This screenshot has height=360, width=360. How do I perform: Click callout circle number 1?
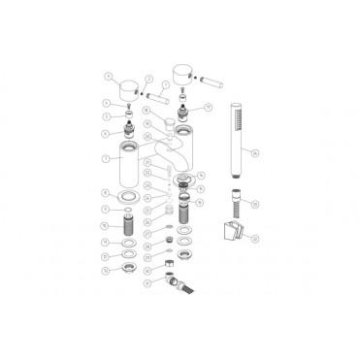point(109,75)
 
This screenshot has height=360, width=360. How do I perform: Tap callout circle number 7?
point(106,157)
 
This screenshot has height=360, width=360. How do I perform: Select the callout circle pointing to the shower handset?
point(255,152)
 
